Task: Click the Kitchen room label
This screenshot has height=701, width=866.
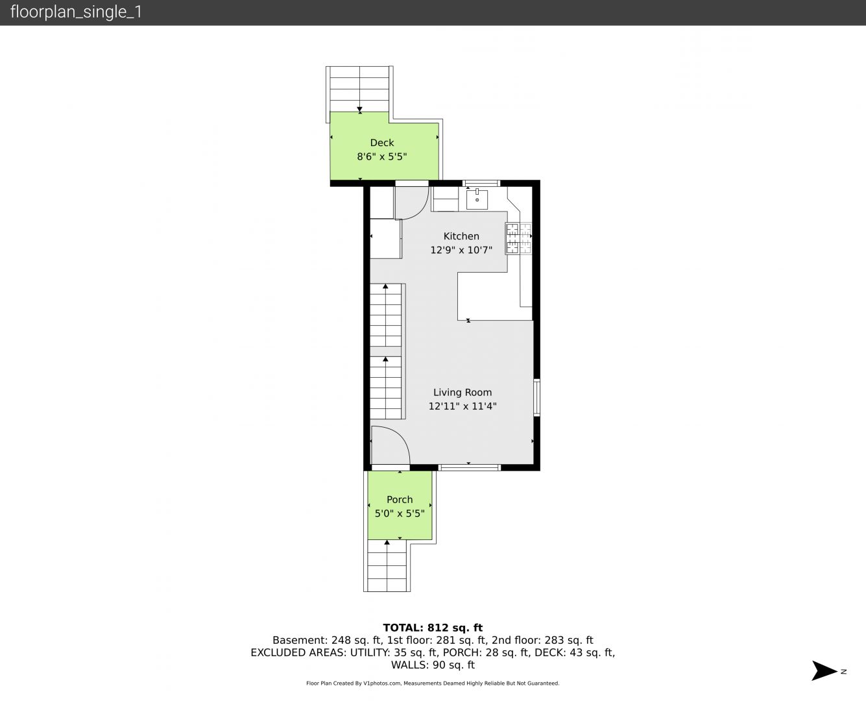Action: [x=461, y=236]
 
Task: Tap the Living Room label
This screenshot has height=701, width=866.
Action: [x=463, y=392]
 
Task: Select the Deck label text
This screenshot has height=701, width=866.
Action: [x=382, y=143]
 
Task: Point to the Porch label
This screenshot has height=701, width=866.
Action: [x=400, y=500]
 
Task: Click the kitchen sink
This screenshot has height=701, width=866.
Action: [x=477, y=199]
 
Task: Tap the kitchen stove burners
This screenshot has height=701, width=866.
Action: [x=518, y=238]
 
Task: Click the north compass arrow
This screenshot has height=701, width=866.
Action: [x=824, y=670]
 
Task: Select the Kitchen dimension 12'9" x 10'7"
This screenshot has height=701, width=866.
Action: [x=461, y=250]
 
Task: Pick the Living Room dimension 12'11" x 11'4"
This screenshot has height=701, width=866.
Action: [x=463, y=406]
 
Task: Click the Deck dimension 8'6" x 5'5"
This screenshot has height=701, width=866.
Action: [x=382, y=156]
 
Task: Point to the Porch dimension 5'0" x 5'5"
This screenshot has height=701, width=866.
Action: [x=400, y=513]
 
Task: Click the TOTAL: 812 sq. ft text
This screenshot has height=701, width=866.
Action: [x=433, y=628]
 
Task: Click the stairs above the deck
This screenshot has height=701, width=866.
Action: [x=359, y=89]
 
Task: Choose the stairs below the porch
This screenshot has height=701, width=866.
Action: [x=387, y=565]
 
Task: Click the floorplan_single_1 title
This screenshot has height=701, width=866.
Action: [x=76, y=12]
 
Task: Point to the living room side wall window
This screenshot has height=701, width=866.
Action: [x=536, y=397]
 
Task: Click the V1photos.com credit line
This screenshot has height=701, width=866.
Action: [x=433, y=683]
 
